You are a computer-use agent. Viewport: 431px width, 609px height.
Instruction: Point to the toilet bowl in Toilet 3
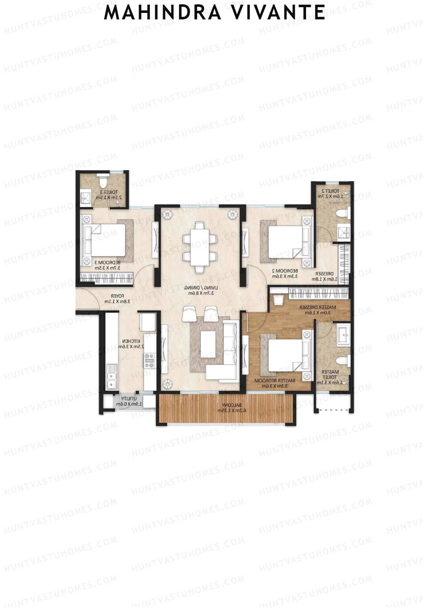[x=103, y=181]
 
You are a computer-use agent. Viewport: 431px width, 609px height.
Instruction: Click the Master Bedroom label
[x=275, y=383]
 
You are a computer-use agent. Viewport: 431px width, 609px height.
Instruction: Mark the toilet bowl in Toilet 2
[x=342, y=214]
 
